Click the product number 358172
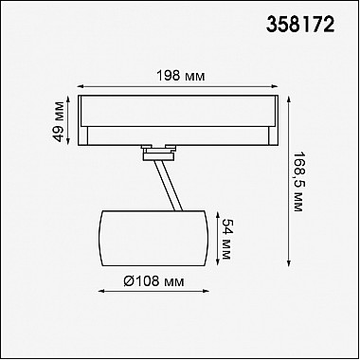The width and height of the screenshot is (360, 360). point(300,25)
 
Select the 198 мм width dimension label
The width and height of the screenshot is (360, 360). point(181,76)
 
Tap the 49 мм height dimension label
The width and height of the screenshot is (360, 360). point(59,121)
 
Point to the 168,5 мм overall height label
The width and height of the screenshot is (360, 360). point(297,182)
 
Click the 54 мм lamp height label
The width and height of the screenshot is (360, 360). point(226,239)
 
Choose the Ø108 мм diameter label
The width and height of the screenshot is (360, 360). point(153,280)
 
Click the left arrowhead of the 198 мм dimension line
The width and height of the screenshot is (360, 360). point(80,86)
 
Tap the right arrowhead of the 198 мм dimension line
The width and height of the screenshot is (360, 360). point(275,86)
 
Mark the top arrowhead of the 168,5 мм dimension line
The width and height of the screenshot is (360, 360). point(289,99)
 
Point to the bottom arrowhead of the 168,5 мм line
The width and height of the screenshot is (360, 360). point(289,263)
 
